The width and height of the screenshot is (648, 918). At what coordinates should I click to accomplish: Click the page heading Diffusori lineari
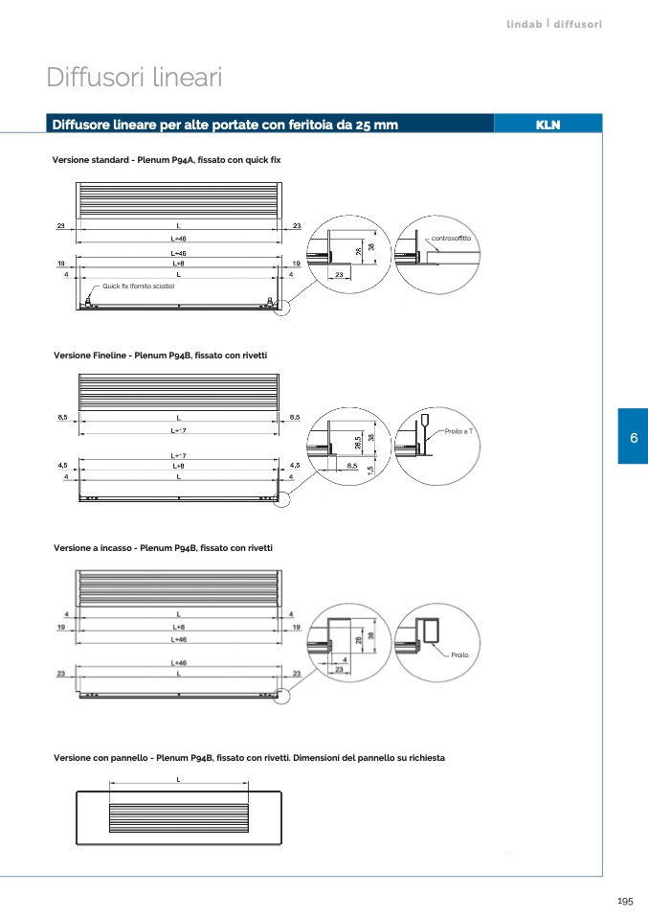(x=134, y=78)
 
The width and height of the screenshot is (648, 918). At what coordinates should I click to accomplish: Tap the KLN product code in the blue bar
(x=547, y=125)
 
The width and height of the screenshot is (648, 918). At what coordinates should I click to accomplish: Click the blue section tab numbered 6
(x=633, y=437)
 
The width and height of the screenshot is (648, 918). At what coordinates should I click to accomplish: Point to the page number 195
(x=625, y=902)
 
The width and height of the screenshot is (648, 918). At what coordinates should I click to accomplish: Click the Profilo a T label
(x=459, y=432)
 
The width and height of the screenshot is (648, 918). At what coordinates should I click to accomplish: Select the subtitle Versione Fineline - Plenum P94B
(x=160, y=356)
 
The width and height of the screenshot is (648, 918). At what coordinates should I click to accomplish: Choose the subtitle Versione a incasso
(x=163, y=548)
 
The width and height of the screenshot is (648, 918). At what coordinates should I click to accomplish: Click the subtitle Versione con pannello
(x=249, y=758)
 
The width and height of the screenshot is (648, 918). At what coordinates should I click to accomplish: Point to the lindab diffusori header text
(x=554, y=24)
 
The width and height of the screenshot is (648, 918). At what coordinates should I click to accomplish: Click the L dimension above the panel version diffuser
(x=179, y=780)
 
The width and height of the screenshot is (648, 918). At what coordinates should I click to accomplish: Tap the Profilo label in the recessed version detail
(x=459, y=654)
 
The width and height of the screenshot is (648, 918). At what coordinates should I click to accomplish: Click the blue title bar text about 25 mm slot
(x=225, y=125)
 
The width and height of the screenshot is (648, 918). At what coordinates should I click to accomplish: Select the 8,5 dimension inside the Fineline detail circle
(x=352, y=466)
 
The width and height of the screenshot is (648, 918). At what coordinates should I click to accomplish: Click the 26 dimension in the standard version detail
(x=358, y=251)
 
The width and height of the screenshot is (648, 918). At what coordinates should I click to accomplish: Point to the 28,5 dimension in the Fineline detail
(x=358, y=443)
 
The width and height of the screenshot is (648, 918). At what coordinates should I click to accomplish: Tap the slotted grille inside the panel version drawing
(x=179, y=815)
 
